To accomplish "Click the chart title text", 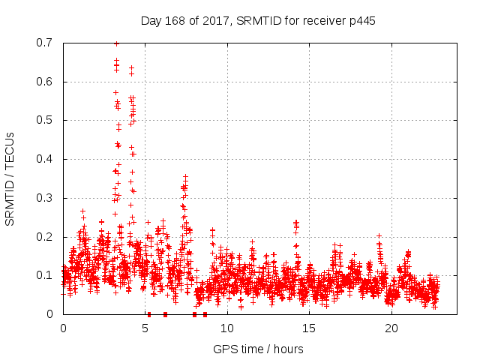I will point(258,20).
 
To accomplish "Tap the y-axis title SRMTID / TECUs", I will point(10,178).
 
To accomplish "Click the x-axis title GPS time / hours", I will point(258,349).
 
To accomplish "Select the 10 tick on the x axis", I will point(227,328).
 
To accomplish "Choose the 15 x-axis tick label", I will point(310,328).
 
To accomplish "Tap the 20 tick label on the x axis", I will point(391,328).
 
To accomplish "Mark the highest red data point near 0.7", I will point(116,43).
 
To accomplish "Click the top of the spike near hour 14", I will point(296,222).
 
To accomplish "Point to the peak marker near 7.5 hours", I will point(185,177).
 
